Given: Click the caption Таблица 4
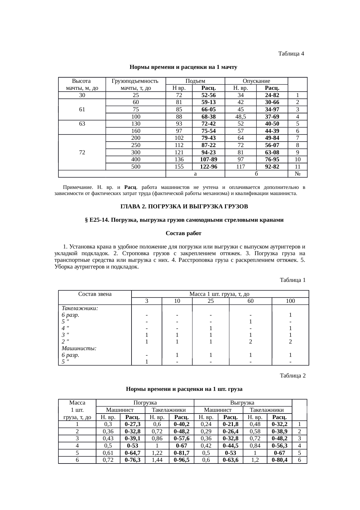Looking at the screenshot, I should [x=291, y=54].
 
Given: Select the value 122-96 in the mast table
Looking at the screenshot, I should [x=208, y=167].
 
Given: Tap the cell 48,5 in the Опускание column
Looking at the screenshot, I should [x=241, y=117].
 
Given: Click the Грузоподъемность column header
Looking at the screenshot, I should [x=136, y=81].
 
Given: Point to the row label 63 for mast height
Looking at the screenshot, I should [x=82, y=124].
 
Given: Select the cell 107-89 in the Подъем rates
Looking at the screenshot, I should [x=208, y=160].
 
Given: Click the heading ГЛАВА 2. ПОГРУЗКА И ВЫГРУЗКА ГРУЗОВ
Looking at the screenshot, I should [x=184, y=207].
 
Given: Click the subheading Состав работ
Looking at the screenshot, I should [x=183, y=233].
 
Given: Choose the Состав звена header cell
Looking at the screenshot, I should [x=95, y=294].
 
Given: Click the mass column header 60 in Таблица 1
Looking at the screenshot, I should [x=250, y=301].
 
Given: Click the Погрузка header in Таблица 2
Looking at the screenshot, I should [x=145, y=403].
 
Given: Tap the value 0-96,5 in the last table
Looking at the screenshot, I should [x=181, y=460].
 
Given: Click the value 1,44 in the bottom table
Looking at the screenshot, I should [x=157, y=460].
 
